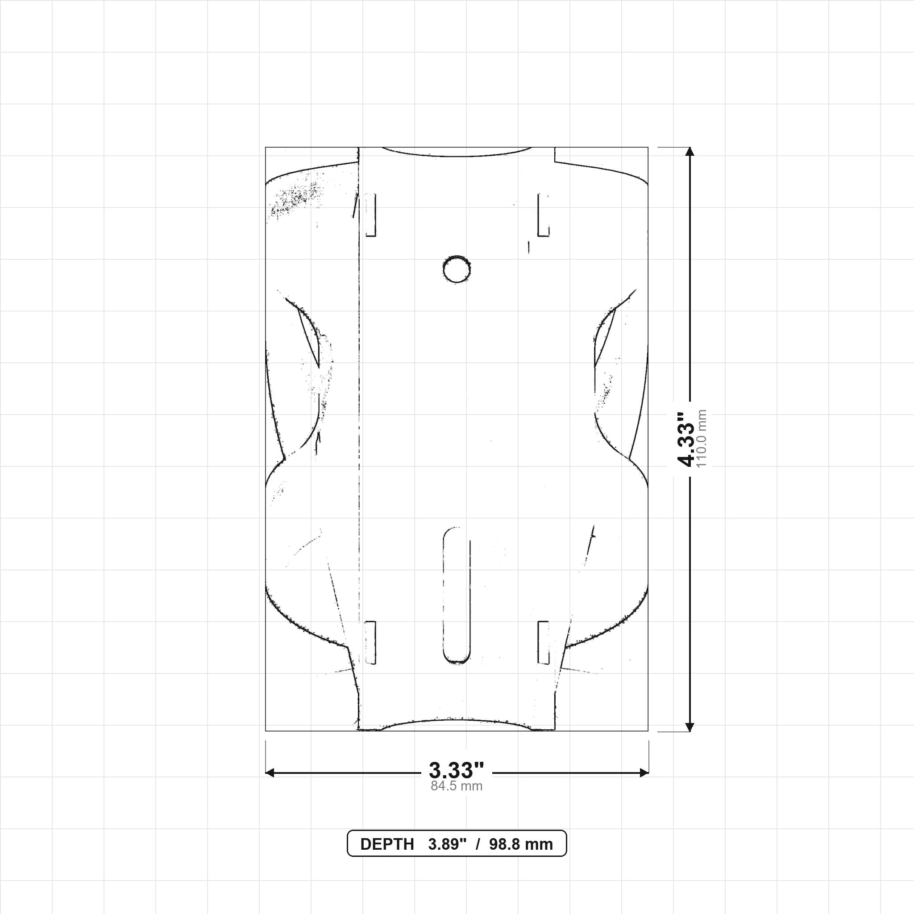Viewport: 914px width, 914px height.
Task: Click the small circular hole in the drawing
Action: pyautogui.click(x=457, y=269)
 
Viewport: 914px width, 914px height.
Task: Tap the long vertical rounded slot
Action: pyautogui.click(x=457, y=596)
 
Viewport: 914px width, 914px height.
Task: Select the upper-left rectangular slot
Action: pyautogui.click(x=370, y=214)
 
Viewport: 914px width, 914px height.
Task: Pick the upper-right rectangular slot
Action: pyautogui.click(x=544, y=214)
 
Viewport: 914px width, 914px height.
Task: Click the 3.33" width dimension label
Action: pyautogui.click(x=457, y=770)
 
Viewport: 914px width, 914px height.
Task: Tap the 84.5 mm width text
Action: pyautogui.click(x=457, y=786)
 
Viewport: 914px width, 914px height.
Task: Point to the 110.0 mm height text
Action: pyautogui.click(x=702, y=439)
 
